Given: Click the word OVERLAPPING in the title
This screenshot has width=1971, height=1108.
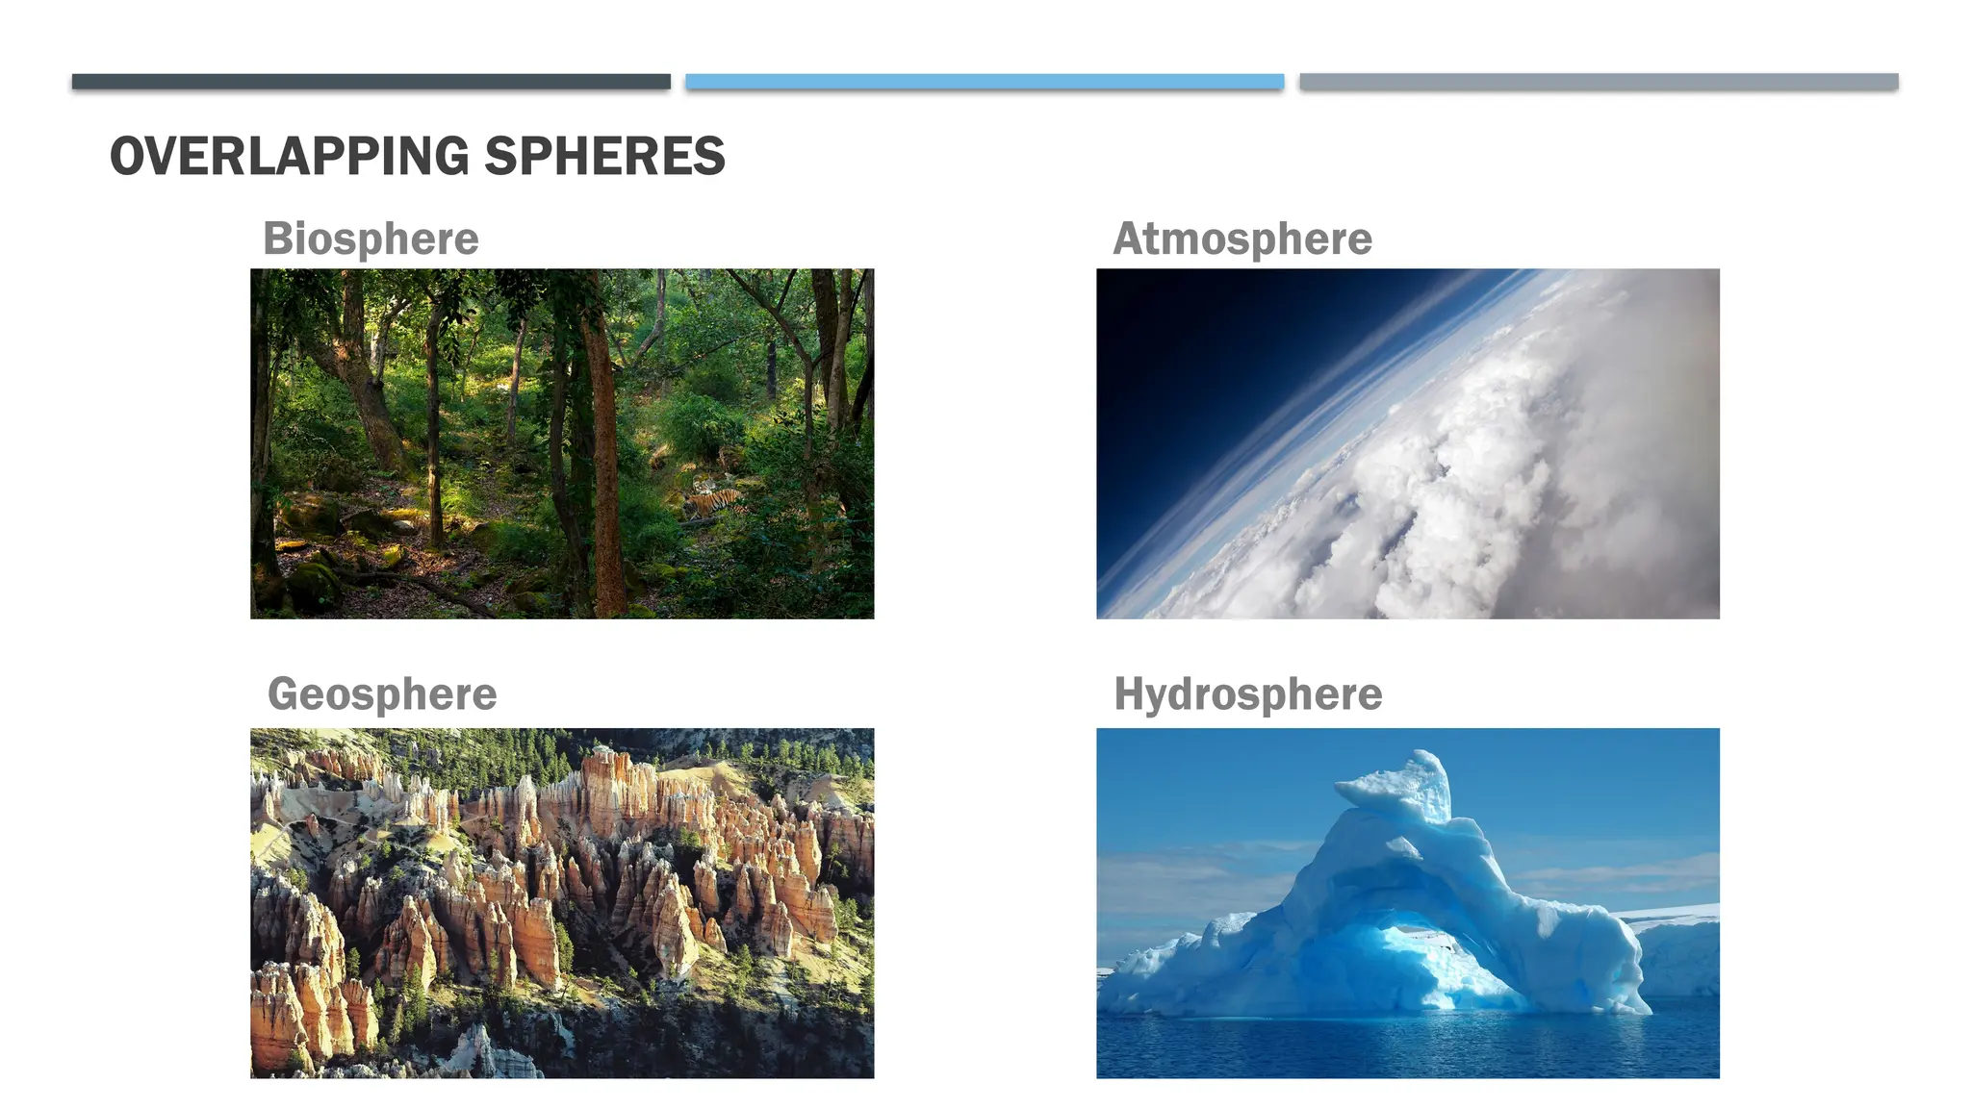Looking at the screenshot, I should (x=289, y=156).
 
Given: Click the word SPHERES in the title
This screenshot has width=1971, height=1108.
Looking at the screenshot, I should (x=604, y=156).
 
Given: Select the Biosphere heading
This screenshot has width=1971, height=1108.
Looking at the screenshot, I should (x=371, y=239).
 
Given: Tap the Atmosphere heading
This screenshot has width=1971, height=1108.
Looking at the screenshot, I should (x=1242, y=239).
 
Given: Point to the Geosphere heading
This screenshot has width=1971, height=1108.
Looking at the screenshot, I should (x=382, y=693).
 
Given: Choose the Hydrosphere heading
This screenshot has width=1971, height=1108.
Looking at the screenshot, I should (x=1248, y=693).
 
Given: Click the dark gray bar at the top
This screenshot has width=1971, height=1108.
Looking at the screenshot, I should (x=371, y=82).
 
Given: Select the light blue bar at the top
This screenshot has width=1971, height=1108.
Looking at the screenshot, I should (x=985, y=82).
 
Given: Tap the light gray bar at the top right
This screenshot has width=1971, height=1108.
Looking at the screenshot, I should (x=1599, y=82).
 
